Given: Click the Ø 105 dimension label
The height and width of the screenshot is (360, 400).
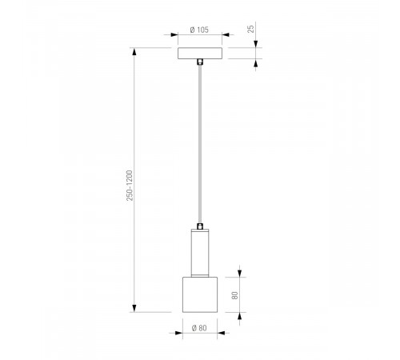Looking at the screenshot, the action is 199,30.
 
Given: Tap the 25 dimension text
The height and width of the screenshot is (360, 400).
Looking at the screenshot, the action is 251,29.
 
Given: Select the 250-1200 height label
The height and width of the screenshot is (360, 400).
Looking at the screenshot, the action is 130,186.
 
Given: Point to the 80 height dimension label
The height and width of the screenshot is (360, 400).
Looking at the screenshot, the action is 234,295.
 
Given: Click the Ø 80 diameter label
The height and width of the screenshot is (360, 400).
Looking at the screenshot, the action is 199,328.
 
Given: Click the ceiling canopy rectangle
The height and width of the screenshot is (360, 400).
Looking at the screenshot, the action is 200,53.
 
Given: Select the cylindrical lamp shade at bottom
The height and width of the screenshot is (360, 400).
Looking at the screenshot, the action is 200,294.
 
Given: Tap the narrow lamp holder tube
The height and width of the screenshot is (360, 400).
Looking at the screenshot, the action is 200,253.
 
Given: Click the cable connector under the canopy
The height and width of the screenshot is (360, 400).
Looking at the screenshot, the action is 200,62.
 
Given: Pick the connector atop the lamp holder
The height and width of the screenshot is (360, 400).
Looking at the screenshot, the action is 200,226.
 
